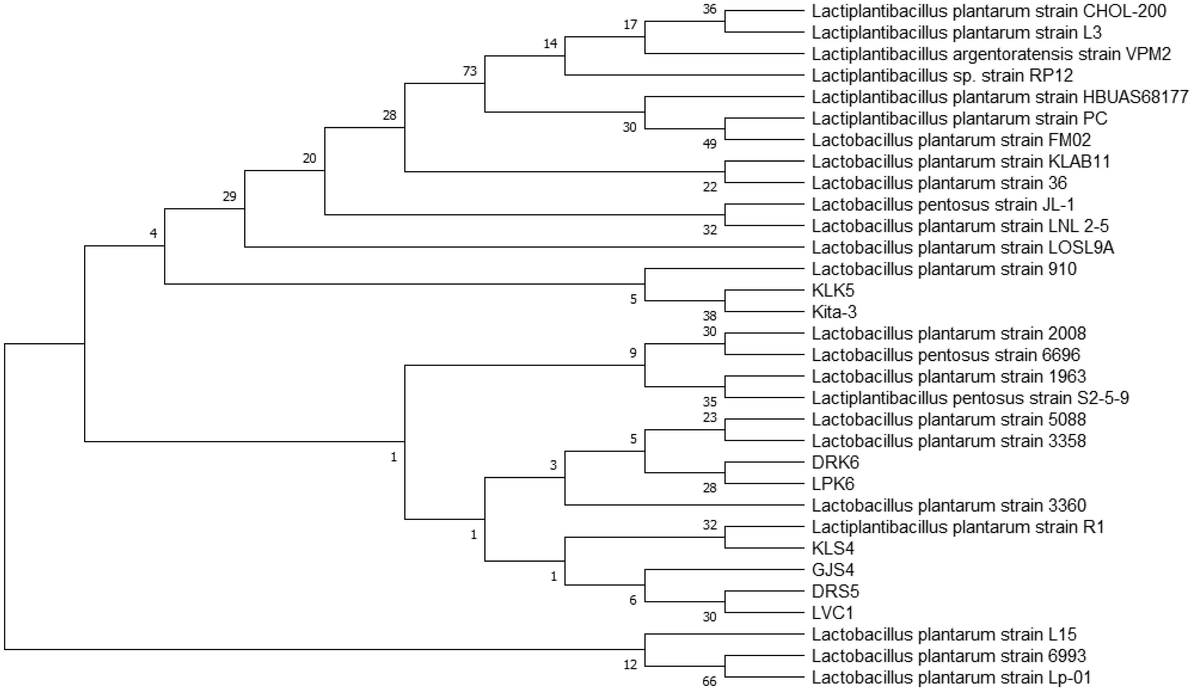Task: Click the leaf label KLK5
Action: coord(833,290)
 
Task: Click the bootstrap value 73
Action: coord(470,71)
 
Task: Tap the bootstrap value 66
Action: coord(710,681)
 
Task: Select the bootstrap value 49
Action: coord(710,144)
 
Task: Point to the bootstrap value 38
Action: coord(710,316)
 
